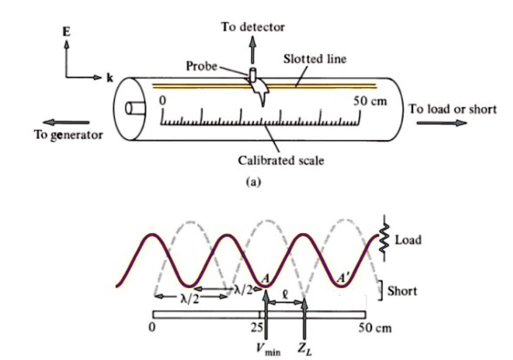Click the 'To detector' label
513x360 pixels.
[x=253, y=27]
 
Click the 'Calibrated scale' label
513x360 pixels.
[x=281, y=161]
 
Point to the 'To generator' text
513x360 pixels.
[x=68, y=135]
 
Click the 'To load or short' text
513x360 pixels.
[x=453, y=109]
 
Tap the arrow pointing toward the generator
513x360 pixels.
[x=66, y=122]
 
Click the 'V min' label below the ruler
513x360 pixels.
[x=269, y=349]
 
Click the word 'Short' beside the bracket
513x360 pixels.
[x=402, y=290]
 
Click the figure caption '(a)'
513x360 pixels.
[x=253, y=182]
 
